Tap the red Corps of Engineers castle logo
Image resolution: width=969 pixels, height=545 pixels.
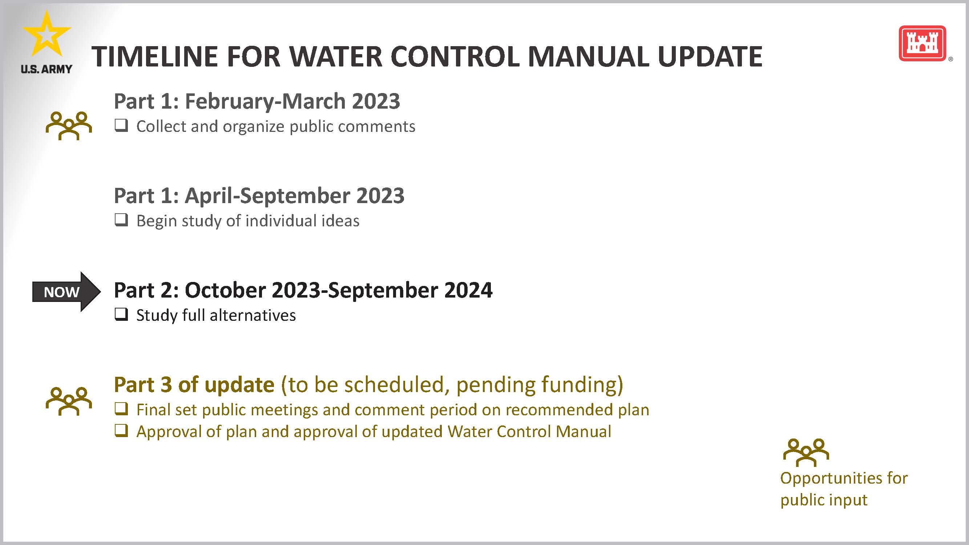pyautogui.click(x=922, y=43)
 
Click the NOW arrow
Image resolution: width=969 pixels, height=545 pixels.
pyautogui.click(x=66, y=291)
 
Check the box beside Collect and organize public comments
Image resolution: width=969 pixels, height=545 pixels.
pyautogui.click(x=121, y=125)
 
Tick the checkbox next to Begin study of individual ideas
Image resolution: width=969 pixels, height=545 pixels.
pyautogui.click(x=121, y=220)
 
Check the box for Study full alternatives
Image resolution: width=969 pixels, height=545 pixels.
pyautogui.click(x=121, y=314)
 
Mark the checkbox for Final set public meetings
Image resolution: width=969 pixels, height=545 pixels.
pyautogui.click(x=121, y=408)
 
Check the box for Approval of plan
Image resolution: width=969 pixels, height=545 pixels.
pyautogui.click(x=121, y=430)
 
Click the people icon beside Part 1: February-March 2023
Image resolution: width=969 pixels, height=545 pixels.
pyautogui.click(x=68, y=125)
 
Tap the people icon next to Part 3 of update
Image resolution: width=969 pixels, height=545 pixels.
pyautogui.click(x=68, y=401)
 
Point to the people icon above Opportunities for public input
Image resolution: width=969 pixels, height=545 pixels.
pyautogui.click(x=806, y=452)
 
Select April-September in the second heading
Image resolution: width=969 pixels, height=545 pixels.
pyautogui.click(x=267, y=195)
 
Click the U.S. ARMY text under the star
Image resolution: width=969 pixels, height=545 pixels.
pyautogui.click(x=46, y=69)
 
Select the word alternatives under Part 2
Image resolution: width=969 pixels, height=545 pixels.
pyautogui.click(x=253, y=315)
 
